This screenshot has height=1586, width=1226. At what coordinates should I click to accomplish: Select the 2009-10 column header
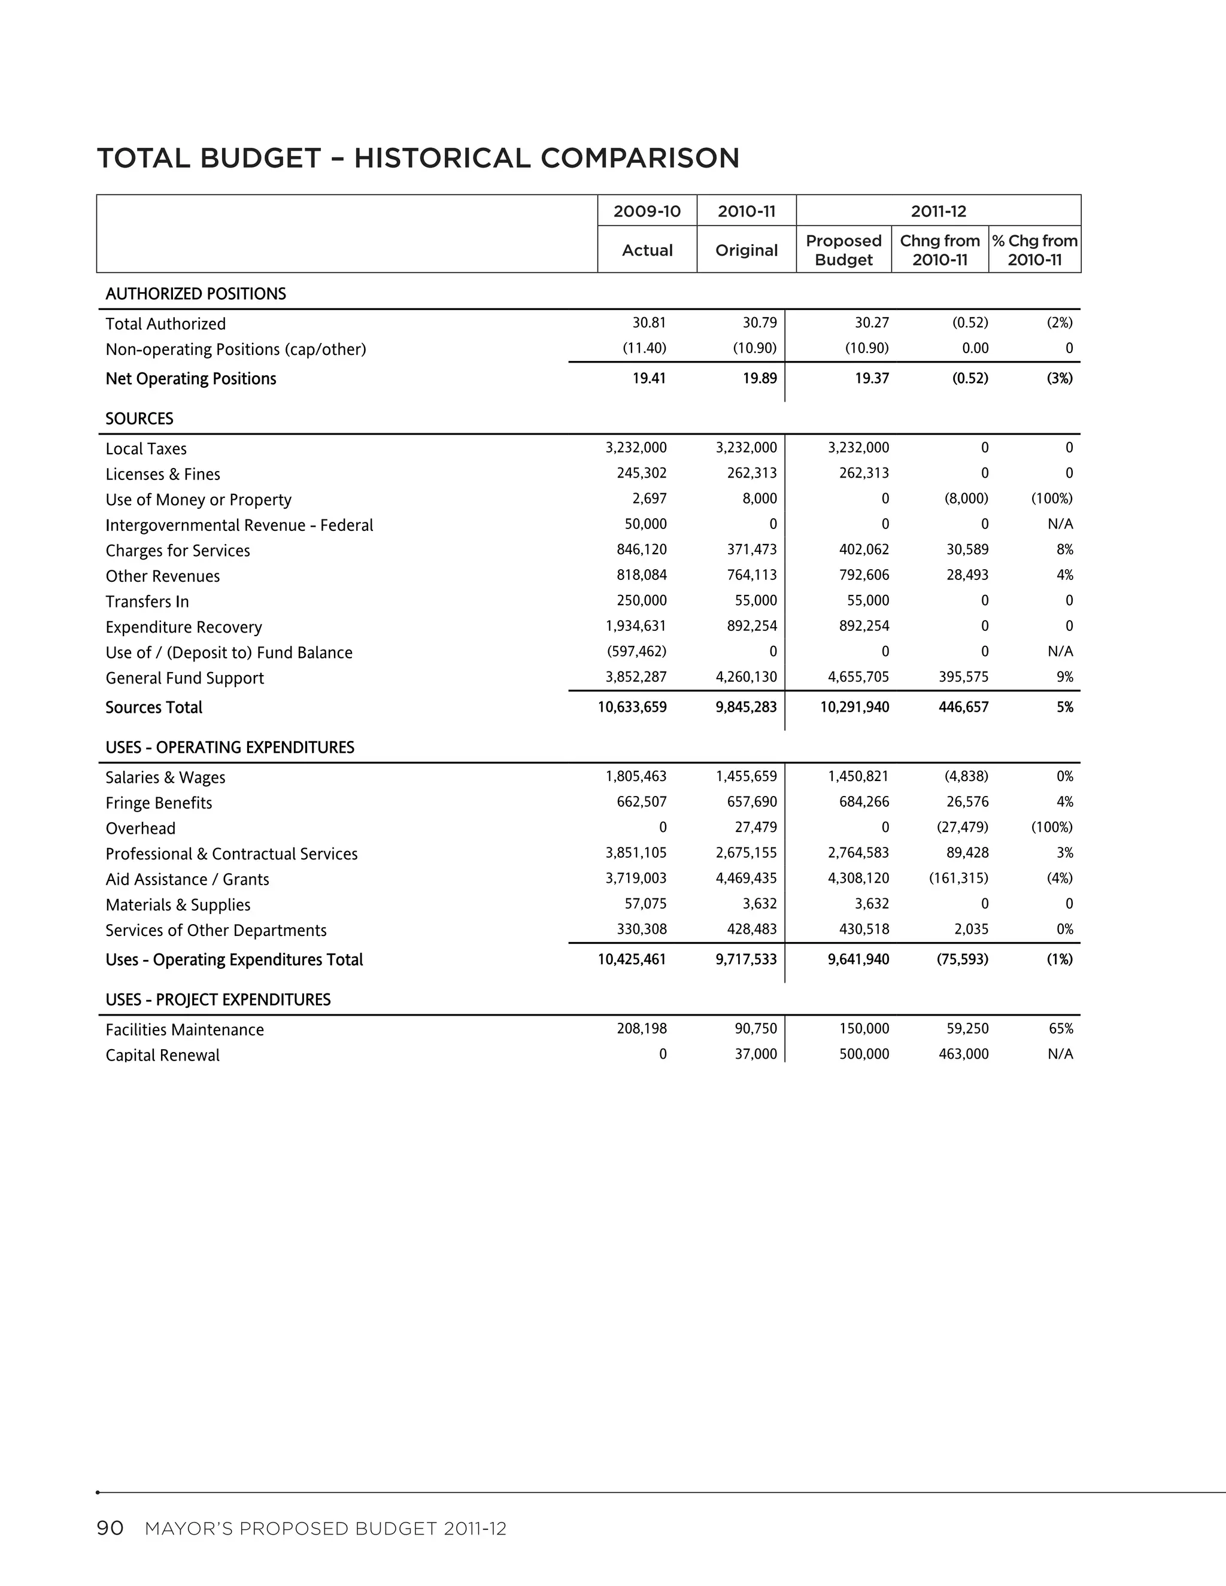point(647,211)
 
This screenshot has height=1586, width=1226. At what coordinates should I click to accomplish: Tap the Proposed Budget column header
point(843,250)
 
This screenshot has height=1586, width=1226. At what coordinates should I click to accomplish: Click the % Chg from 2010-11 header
point(1034,250)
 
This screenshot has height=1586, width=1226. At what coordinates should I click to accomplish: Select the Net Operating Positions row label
point(190,379)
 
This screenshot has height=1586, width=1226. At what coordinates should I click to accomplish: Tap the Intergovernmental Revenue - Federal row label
point(239,525)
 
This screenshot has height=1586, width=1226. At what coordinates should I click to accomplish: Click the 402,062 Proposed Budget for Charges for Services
point(864,550)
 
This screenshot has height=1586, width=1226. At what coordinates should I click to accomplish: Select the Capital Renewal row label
point(162,1055)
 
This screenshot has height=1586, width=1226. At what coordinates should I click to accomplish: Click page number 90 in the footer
point(110,1529)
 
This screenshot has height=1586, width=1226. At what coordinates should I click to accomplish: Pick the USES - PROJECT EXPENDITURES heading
point(217,1000)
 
